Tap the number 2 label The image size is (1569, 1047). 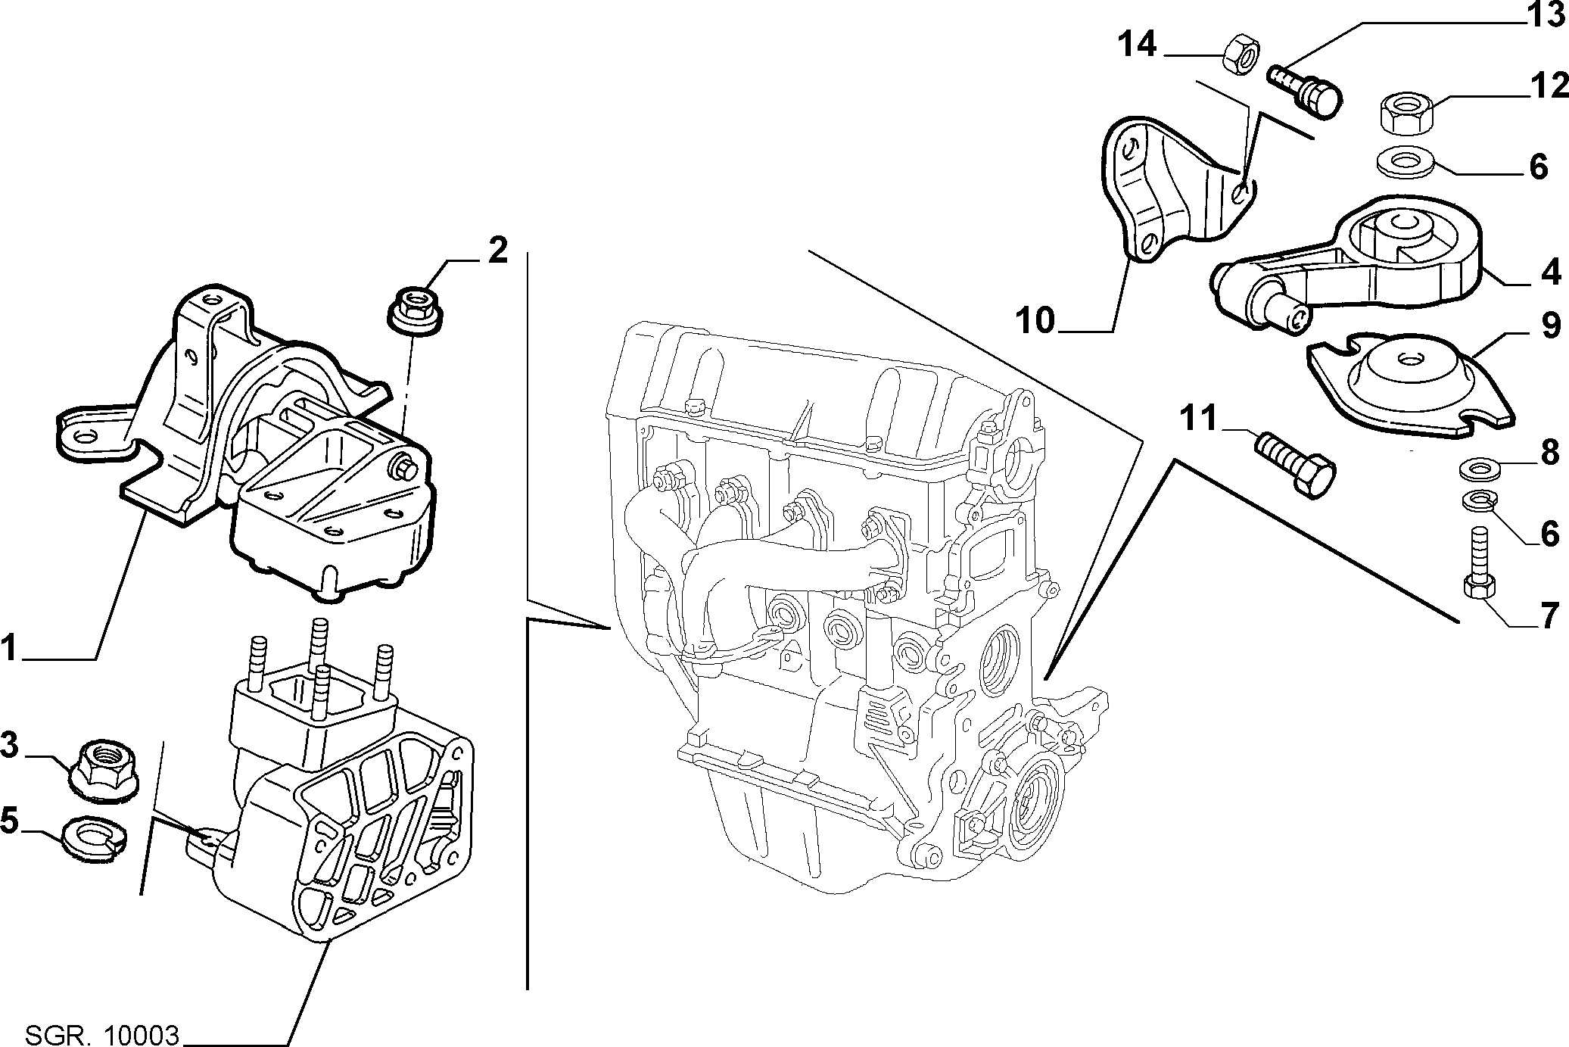[x=497, y=250]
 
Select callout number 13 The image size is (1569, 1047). [x=1545, y=14]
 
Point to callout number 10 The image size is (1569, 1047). [x=1035, y=320]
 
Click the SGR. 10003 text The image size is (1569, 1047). [x=103, y=1033]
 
